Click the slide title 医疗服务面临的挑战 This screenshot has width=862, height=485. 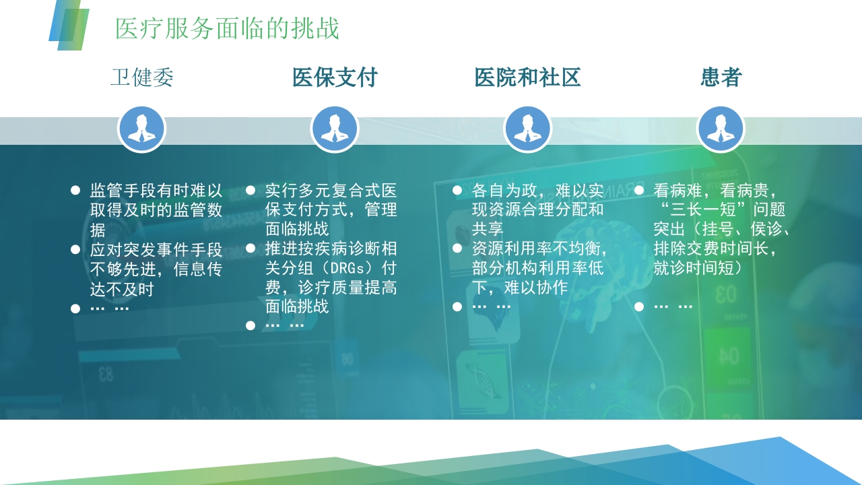click(227, 28)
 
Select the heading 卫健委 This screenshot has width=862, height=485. click(142, 77)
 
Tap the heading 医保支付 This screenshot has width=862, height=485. click(335, 77)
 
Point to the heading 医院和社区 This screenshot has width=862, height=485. click(527, 77)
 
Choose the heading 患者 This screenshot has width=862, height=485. click(721, 77)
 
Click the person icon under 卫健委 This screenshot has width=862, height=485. click(142, 129)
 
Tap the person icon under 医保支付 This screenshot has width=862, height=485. click(335, 129)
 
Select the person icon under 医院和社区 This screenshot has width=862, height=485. click(527, 129)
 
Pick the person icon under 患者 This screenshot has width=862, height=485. click(721, 129)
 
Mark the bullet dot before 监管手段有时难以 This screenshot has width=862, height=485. click(75, 191)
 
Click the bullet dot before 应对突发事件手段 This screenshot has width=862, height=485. click(75, 250)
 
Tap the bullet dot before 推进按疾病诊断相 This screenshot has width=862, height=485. click(251, 249)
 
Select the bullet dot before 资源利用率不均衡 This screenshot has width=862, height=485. click(457, 249)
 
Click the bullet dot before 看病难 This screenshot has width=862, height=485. click(639, 191)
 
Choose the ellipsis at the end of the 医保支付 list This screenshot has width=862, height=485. click(285, 325)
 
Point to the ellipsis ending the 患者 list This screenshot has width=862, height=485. click(673, 306)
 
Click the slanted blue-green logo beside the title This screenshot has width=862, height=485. click(69, 25)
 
